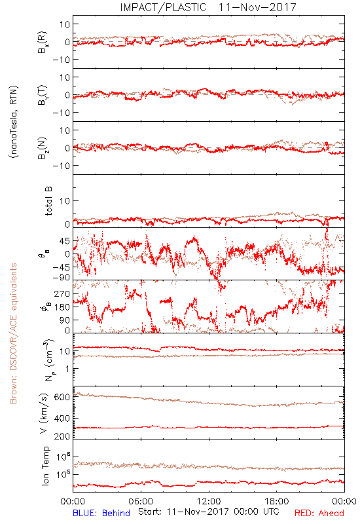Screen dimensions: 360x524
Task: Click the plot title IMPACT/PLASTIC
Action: [x=163, y=7]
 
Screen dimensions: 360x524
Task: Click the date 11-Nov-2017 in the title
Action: [x=257, y=7]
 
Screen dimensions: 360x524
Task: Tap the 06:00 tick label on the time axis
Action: [x=141, y=501]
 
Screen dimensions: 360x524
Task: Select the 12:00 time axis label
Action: [x=209, y=501]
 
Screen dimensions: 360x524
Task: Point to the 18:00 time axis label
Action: [x=277, y=501]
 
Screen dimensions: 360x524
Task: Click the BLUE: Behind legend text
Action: [x=101, y=513]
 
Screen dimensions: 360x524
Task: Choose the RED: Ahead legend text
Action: [x=319, y=513]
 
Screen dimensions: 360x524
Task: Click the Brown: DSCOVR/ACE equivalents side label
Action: [x=13, y=333]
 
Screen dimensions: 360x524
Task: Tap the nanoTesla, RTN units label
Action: [x=14, y=121]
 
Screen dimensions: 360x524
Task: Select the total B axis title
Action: [x=48, y=200]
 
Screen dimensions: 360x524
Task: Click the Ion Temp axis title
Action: [x=46, y=466]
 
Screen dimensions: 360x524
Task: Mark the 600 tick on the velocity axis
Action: [x=62, y=397]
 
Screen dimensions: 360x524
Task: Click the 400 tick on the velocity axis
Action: [x=62, y=418]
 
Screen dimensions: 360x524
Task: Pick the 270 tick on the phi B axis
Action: [x=62, y=293]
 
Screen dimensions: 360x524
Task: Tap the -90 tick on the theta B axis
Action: [x=61, y=278]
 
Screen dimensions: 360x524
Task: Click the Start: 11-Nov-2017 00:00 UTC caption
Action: [x=209, y=512]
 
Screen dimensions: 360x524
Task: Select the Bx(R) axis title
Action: [x=43, y=42]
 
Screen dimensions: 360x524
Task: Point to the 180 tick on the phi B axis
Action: [x=62, y=307]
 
